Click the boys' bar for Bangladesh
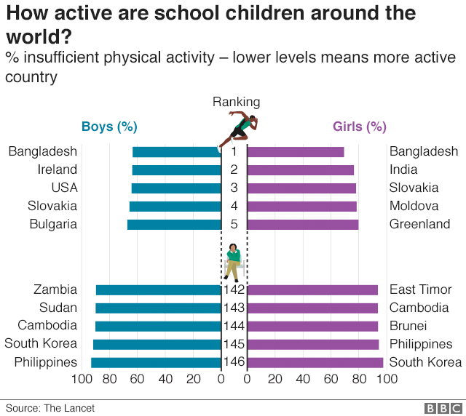176,152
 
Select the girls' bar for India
301,170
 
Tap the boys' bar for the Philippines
156,362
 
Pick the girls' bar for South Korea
315,362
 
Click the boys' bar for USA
176,188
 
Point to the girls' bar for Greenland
303,225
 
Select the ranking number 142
234,290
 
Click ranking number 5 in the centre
234,225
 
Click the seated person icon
234,262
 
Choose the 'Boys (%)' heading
109,127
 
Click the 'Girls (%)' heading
359,127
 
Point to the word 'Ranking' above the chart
236,102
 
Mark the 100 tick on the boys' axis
82,379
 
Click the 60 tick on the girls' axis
331,379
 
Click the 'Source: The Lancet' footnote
50,408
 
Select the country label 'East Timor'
421,290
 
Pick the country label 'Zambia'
55,290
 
